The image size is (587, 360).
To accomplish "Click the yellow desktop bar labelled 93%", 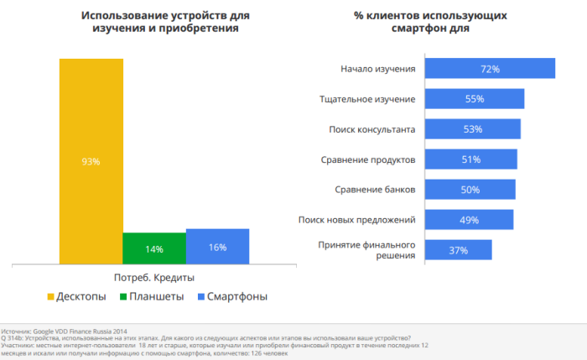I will [x=91, y=161].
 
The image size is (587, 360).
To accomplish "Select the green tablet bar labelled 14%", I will [x=153, y=248].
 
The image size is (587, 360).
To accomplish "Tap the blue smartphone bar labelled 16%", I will [x=217, y=246].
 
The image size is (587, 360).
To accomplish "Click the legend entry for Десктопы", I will [x=77, y=296].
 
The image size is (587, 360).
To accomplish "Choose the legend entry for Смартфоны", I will [x=231, y=296].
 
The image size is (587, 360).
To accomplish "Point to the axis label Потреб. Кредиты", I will [x=153, y=278].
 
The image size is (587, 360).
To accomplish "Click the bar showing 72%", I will [x=490, y=69].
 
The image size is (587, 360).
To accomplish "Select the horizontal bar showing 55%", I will [x=475, y=99].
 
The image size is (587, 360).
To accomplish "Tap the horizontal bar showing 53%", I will [x=472, y=129].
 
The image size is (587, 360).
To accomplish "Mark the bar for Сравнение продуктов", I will [x=470, y=159].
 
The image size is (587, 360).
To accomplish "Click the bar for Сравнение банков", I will [x=470, y=190].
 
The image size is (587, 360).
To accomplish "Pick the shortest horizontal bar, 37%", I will [x=458, y=250].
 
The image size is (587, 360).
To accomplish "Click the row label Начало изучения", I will [x=378, y=69].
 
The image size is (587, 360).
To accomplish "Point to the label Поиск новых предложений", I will [x=357, y=220].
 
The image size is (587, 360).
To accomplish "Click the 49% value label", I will [x=470, y=220].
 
